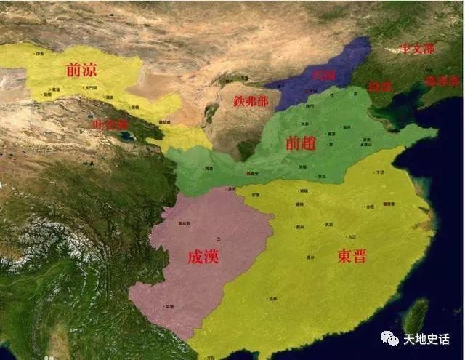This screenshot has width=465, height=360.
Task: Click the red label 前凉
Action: [81, 70]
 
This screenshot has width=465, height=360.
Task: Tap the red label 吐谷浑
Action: [109, 124]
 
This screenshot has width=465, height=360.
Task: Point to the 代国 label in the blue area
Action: [323, 75]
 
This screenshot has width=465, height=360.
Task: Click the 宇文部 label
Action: [418, 49]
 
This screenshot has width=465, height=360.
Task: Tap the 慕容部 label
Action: [442, 81]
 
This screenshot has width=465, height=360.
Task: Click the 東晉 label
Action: [352, 255]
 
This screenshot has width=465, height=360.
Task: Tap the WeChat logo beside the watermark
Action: [392, 339]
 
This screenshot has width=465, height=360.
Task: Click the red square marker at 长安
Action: [248, 173]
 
